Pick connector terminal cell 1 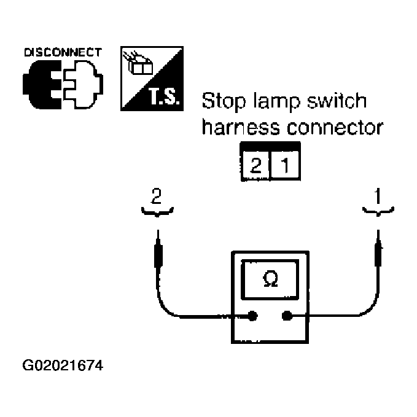coord(285,165)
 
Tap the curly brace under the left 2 coord(158,212)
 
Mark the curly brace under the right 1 coord(378,212)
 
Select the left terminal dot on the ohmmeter coord(252,317)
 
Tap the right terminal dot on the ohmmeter coord(286,317)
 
